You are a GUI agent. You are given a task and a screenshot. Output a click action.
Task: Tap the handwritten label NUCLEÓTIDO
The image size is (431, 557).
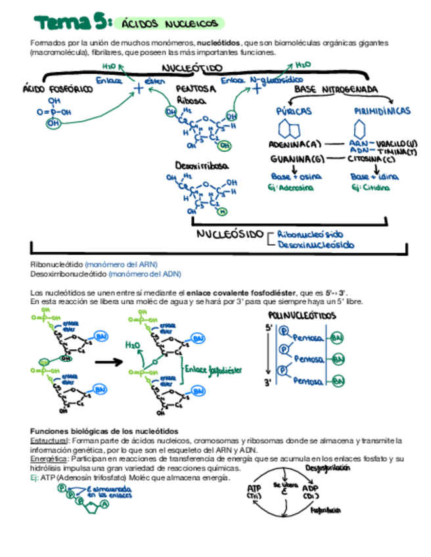pyautogui.click(x=192, y=68)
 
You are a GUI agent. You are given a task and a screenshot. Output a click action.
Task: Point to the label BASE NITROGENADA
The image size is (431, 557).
pyautogui.click(x=336, y=88)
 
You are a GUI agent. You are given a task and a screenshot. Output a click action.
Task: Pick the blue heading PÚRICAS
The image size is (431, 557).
pyautogui.click(x=294, y=112)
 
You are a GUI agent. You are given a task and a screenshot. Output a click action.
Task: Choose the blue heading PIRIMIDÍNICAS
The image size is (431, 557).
pyautogui.click(x=382, y=112)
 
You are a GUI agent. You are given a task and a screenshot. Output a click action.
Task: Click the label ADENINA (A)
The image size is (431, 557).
pyautogui.click(x=295, y=144)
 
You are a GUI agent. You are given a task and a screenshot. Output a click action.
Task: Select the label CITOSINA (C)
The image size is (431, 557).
pyautogui.click(x=371, y=159)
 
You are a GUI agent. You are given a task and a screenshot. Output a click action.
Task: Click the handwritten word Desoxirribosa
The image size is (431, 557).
pyautogui.click(x=202, y=166)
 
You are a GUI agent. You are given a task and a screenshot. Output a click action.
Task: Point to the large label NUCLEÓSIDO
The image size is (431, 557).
pyautogui.click(x=230, y=234)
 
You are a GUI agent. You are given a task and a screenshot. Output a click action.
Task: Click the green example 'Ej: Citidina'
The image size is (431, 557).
pyautogui.click(x=371, y=187)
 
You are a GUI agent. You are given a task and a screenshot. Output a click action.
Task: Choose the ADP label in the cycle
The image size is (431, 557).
pyautogui.click(x=310, y=488)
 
